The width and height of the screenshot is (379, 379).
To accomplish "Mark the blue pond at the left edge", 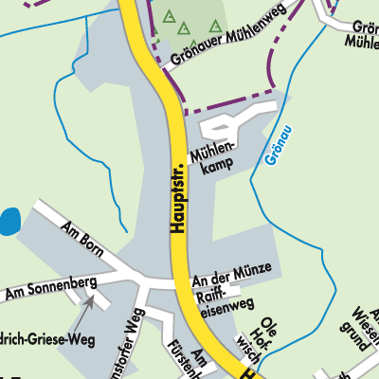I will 8,224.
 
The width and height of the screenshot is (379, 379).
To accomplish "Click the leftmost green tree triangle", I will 169,16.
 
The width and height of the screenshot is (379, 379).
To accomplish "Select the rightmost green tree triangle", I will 216,26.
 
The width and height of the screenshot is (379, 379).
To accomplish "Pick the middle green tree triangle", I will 185,27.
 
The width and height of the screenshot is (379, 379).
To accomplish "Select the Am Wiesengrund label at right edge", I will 365,327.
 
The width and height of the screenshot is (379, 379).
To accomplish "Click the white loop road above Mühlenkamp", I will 220,126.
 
